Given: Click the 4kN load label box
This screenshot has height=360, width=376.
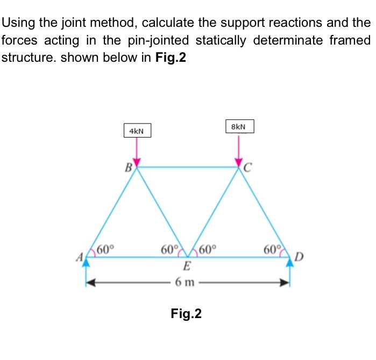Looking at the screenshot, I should pos(137,131).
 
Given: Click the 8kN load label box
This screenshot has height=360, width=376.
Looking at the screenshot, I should pos(240,127).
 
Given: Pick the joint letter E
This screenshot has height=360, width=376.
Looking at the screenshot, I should pos(186,267).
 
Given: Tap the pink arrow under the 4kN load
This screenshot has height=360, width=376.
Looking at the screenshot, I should pos(137,152).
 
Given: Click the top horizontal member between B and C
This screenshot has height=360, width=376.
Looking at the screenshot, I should pos(188,168).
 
